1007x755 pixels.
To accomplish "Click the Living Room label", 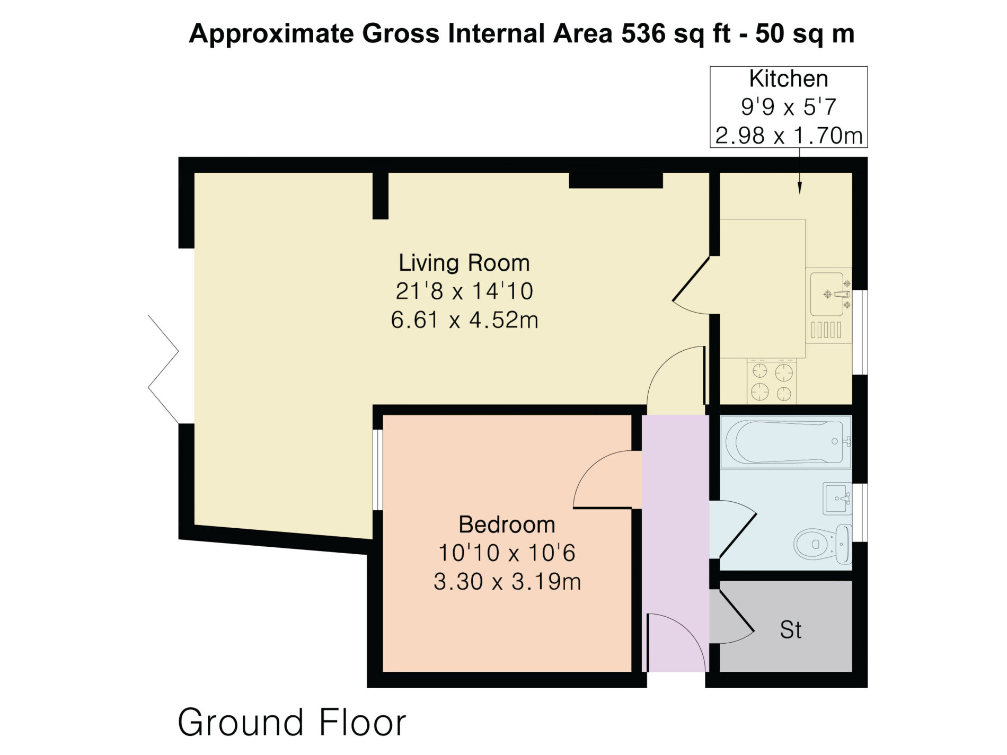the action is click(x=464, y=263).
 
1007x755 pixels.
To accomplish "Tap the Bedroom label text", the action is click(x=507, y=525).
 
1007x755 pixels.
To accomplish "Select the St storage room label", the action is click(x=790, y=630).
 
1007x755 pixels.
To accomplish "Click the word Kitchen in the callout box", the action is click(x=788, y=79).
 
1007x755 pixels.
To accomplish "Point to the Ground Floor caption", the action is click(x=292, y=722).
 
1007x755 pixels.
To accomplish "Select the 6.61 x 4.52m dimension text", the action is click(x=464, y=320).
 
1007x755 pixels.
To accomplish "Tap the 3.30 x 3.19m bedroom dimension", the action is click(x=507, y=582).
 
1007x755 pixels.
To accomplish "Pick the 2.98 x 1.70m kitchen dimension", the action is click(x=789, y=136).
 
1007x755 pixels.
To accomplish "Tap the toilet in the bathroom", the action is click(x=823, y=544).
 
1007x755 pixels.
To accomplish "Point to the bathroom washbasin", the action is click(x=837, y=499).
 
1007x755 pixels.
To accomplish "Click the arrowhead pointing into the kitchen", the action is click(x=800, y=188).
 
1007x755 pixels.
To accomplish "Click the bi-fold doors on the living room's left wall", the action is click(x=163, y=369).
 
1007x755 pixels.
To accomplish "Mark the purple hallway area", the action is click(x=676, y=543).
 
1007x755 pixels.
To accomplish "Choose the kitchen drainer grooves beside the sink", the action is click(x=826, y=331).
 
